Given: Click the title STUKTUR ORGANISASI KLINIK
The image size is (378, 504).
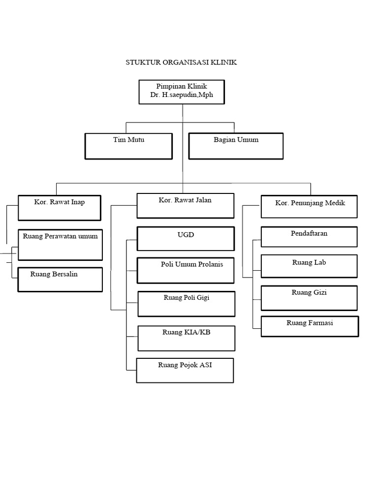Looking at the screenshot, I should pyautogui.click(x=182, y=63).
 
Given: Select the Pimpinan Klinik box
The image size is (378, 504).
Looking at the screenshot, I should pyautogui.click(x=182, y=92).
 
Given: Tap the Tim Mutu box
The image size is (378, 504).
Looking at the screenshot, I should pyautogui.click(x=128, y=146).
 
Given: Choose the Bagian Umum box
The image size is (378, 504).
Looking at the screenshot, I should pyautogui.click(x=236, y=146).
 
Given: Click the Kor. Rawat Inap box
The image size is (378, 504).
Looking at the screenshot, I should pyautogui.click(x=60, y=208).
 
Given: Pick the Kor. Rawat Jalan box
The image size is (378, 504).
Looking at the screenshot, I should pyautogui.click(x=185, y=206).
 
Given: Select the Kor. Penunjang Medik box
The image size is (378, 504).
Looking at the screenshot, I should pyautogui.click(x=309, y=207).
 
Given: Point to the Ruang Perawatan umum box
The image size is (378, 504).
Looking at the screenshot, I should pyautogui.click(x=60, y=245).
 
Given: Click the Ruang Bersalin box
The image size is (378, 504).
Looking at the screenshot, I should pyautogui.click(x=60, y=280).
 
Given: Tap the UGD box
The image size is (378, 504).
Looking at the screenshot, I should pyautogui.click(x=185, y=239).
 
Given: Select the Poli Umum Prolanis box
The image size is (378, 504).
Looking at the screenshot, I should pyautogui.click(x=185, y=270).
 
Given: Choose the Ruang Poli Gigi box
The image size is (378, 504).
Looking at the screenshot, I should pyautogui.click(x=186, y=304).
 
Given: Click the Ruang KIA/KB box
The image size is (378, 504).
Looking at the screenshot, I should pyautogui.click(x=186, y=338).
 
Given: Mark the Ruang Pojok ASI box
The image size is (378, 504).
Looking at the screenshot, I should pyautogui.click(x=185, y=370).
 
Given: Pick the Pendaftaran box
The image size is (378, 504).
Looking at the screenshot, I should pyautogui.click(x=309, y=237).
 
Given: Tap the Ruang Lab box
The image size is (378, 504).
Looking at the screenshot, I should pyautogui.click(x=309, y=266).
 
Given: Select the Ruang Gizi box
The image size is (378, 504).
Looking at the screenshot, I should pyautogui.click(x=309, y=298).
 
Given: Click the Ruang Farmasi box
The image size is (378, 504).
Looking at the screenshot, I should pyautogui.click(x=310, y=326).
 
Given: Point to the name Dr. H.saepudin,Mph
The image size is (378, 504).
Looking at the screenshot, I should pyautogui.click(x=182, y=95).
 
